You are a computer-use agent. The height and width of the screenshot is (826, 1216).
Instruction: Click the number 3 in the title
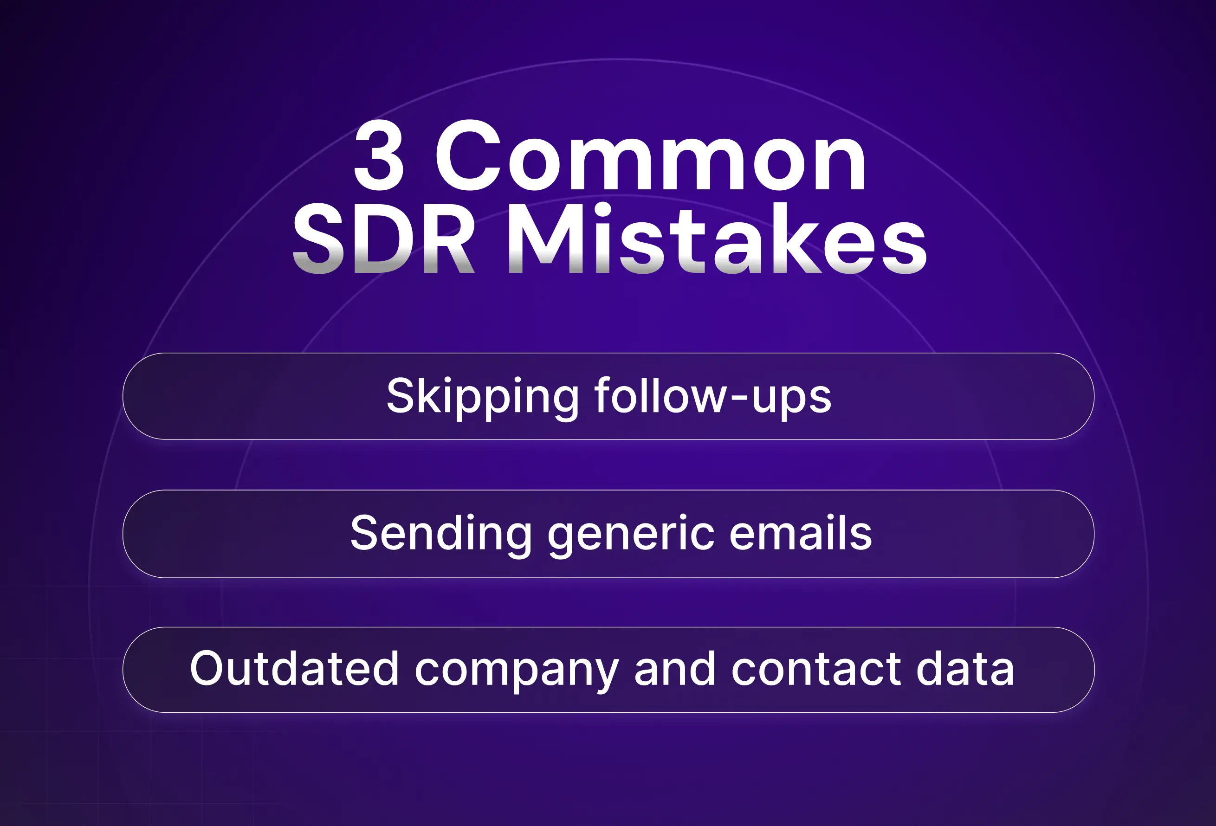(379, 156)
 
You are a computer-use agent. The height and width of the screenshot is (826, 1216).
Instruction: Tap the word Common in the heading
(650, 156)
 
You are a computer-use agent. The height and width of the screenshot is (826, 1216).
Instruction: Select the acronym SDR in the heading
(383, 239)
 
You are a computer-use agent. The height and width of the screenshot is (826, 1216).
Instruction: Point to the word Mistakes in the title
(716, 239)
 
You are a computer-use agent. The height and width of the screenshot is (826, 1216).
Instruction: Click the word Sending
(441, 533)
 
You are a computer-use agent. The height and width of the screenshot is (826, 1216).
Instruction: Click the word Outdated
(295, 669)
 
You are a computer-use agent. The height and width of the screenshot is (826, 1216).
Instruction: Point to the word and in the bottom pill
(674, 669)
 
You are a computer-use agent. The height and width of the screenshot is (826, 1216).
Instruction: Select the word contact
(816, 669)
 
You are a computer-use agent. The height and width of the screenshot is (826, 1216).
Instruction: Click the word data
(965, 669)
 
